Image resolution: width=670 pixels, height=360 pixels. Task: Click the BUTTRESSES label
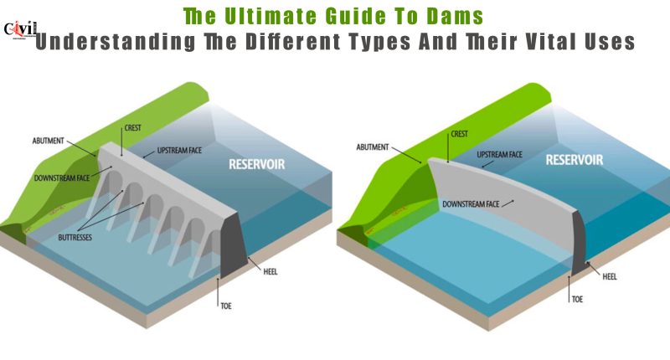click(75, 238)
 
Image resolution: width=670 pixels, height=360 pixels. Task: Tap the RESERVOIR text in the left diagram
click(257, 164)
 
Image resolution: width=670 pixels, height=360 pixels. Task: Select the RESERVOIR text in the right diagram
click(575, 160)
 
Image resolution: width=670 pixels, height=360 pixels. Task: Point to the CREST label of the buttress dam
click(133, 128)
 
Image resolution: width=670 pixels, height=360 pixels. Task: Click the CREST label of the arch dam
click(459, 134)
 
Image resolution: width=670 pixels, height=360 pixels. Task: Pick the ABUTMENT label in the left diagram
click(49, 141)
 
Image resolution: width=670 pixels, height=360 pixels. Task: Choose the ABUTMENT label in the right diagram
click(373, 147)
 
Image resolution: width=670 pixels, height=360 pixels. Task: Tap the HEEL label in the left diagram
click(271, 271)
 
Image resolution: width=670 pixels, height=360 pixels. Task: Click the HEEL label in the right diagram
click(610, 277)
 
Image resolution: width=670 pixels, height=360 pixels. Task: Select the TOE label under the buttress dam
click(226, 306)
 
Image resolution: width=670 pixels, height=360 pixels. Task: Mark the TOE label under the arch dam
click(577, 300)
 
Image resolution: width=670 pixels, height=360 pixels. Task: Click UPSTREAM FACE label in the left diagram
click(179, 151)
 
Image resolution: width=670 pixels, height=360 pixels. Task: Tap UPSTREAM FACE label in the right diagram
click(499, 155)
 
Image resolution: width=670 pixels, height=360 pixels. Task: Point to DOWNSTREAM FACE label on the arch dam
click(471, 204)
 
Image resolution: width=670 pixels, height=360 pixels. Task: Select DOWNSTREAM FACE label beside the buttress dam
click(62, 178)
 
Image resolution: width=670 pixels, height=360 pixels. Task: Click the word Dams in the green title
click(455, 17)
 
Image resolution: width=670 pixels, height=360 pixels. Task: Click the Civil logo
click(19, 30)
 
